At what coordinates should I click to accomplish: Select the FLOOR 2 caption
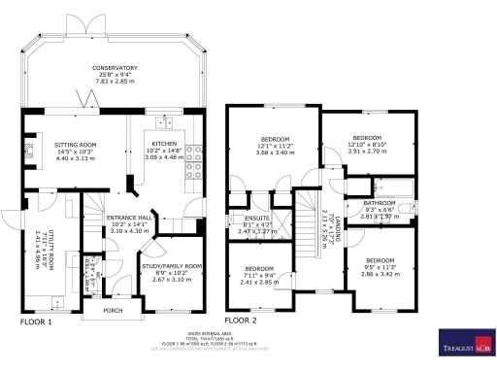(x=242, y=320)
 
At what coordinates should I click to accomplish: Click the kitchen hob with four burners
(x=193, y=152)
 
